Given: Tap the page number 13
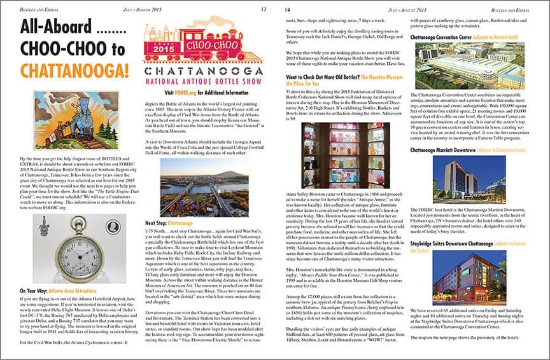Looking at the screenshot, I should pyautogui.click(x=264, y=10).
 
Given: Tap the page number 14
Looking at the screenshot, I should pyautogui.click(x=287, y=10).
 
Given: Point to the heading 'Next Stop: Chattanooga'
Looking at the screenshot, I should pyautogui.click(x=169, y=223).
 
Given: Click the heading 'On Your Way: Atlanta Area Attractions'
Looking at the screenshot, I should pyautogui.click(x=59, y=291).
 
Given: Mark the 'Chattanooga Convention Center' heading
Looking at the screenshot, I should pyautogui.click(x=442, y=38).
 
